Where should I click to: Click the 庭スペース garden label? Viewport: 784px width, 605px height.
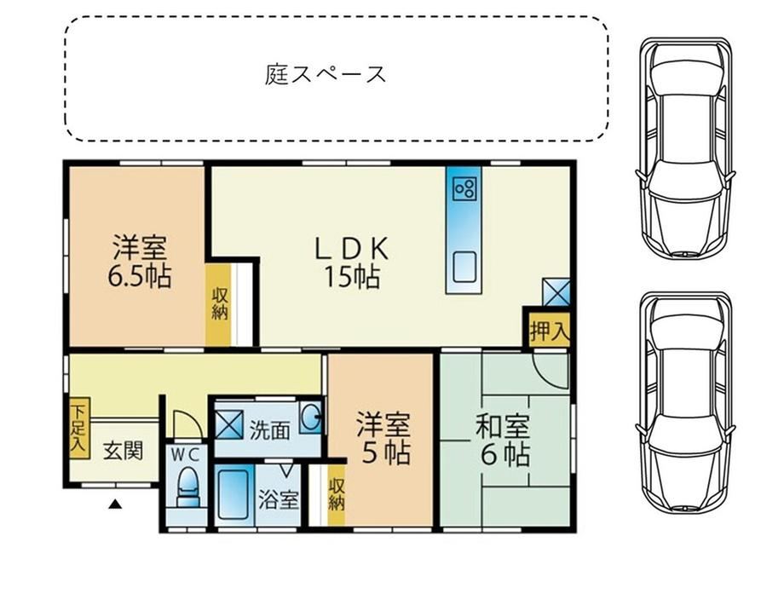pyautogui.click(x=326, y=74)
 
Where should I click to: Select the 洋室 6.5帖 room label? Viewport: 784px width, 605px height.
pyautogui.click(x=140, y=261)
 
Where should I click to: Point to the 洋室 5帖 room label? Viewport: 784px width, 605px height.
pyautogui.click(x=384, y=438)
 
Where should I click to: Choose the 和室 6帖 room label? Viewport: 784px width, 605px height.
pyautogui.click(x=503, y=441)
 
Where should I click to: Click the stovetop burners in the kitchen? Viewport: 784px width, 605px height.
pyautogui.click(x=464, y=189)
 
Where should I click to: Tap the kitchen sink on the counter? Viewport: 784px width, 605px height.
pyautogui.click(x=464, y=267)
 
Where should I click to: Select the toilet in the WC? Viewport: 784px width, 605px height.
pyautogui.click(x=188, y=487)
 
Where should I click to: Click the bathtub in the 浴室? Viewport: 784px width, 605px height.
pyautogui.click(x=234, y=494)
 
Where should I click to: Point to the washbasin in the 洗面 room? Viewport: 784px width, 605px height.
pyautogui.click(x=310, y=418)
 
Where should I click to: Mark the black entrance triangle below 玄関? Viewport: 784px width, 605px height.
pyautogui.click(x=116, y=504)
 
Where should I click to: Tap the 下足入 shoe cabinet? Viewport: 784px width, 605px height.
pyautogui.click(x=79, y=428)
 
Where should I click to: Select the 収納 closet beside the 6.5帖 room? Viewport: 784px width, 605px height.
pyautogui.click(x=218, y=304)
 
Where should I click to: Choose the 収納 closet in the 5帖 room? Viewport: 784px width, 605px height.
pyautogui.click(x=337, y=495)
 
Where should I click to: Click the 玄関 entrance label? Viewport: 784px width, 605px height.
pyautogui.click(x=124, y=450)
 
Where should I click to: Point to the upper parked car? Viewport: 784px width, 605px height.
pyautogui.click(x=685, y=148)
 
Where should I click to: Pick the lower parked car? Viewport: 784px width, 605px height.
pyautogui.click(x=685, y=402)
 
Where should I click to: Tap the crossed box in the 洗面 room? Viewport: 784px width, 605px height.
pyautogui.click(x=228, y=424)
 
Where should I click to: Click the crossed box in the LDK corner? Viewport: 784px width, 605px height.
pyautogui.click(x=556, y=292)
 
